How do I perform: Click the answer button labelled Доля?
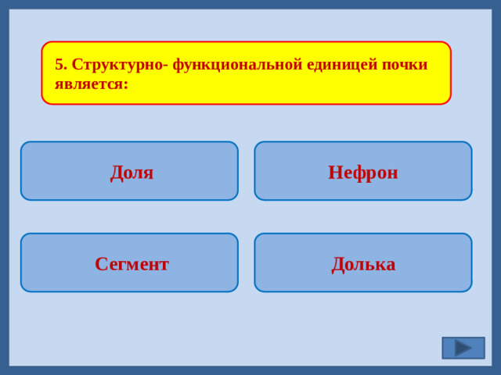129,171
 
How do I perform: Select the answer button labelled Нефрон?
363,171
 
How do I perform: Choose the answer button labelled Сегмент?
129,262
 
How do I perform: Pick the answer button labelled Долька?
363,262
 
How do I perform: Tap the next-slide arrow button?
463,348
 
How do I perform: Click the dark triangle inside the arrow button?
463,348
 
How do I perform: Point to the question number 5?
59,65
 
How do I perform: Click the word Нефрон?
363,172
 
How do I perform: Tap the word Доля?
132,172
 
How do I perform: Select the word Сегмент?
132,264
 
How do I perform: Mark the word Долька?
363,264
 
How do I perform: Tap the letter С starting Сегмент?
100,264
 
